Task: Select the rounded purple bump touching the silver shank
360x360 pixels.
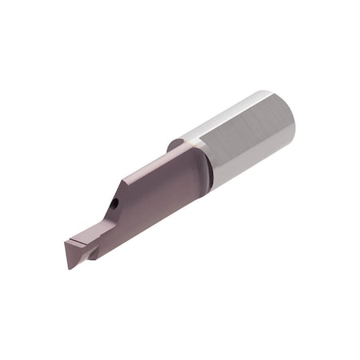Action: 174,146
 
